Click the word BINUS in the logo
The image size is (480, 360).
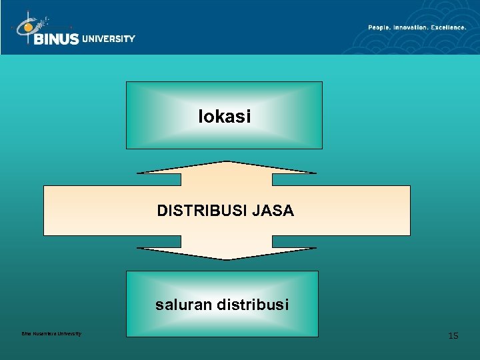click(x=56, y=39)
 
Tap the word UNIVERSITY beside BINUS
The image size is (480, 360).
click(x=109, y=39)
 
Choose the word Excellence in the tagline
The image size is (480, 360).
click(x=448, y=27)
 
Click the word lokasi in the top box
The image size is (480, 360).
click(x=224, y=117)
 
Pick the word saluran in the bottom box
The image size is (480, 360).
click(x=182, y=305)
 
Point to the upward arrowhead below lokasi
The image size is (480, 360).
click(x=226, y=167)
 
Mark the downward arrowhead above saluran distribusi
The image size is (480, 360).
click(x=226, y=253)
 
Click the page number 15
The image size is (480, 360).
click(x=453, y=335)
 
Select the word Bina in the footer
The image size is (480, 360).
click(x=26, y=333)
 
